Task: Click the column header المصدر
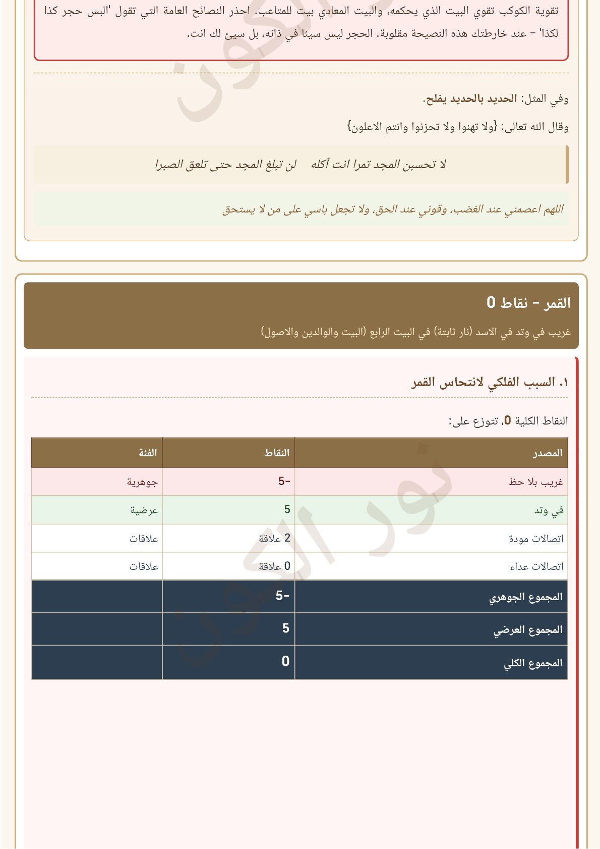548,453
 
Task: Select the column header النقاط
277,453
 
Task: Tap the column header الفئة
148,453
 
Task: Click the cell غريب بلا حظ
535,482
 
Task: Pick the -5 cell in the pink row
284,482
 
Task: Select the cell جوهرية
142,482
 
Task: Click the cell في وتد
549,511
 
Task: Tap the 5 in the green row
287,510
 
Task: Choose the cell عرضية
144,510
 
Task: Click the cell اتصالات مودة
535,539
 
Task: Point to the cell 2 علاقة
275,539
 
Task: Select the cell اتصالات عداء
536,567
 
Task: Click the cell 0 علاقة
275,566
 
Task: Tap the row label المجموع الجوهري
525,597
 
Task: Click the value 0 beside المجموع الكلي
285,661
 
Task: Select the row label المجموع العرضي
527,630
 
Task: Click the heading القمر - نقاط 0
528,303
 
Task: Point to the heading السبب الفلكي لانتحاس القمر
490,383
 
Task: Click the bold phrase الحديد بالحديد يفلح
471,99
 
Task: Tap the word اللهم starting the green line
552,209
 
